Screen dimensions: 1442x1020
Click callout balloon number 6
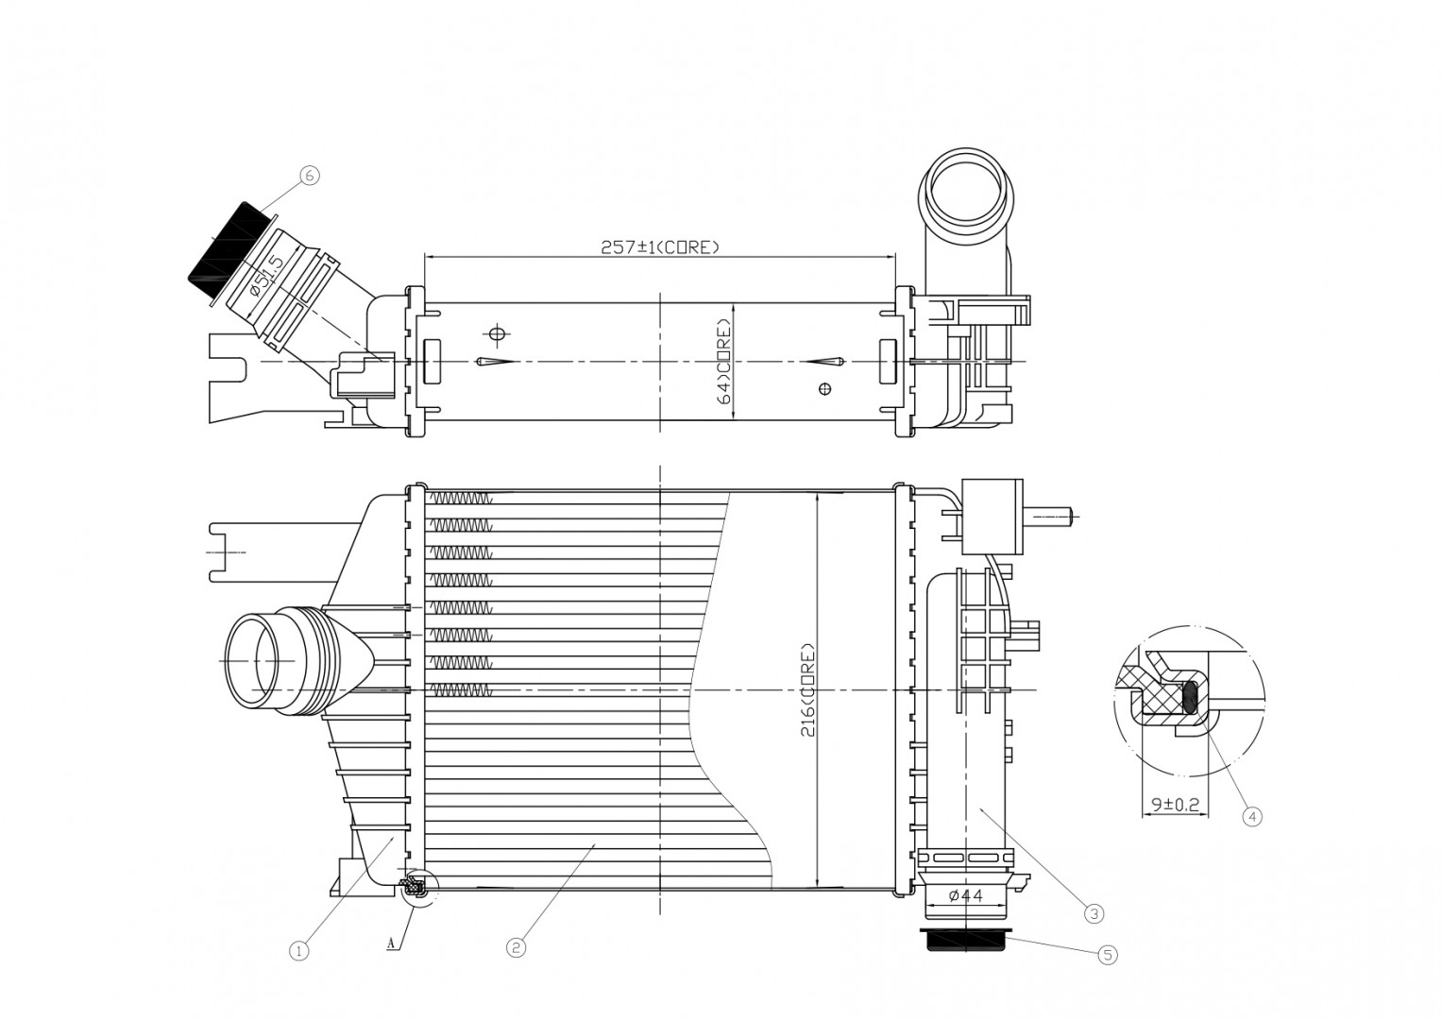click(310, 175)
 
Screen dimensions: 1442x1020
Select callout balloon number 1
click(298, 950)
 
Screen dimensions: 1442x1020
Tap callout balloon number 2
click(516, 947)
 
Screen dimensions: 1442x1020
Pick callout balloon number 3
click(1094, 913)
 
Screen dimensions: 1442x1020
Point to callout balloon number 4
click(1252, 817)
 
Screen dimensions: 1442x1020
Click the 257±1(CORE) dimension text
click(660, 247)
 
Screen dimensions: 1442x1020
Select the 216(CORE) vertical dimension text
click(808, 689)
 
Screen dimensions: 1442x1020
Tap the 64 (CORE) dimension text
click(725, 361)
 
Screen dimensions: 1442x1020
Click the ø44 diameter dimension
click(966, 895)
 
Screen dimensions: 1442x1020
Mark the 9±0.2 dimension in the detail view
click(1175, 804)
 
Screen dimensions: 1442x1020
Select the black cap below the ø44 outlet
click(966, 940)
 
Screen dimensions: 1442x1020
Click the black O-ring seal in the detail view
click(1190, 697)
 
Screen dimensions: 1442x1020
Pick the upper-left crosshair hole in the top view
click(497, 333)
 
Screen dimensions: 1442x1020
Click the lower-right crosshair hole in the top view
click(825, 388)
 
